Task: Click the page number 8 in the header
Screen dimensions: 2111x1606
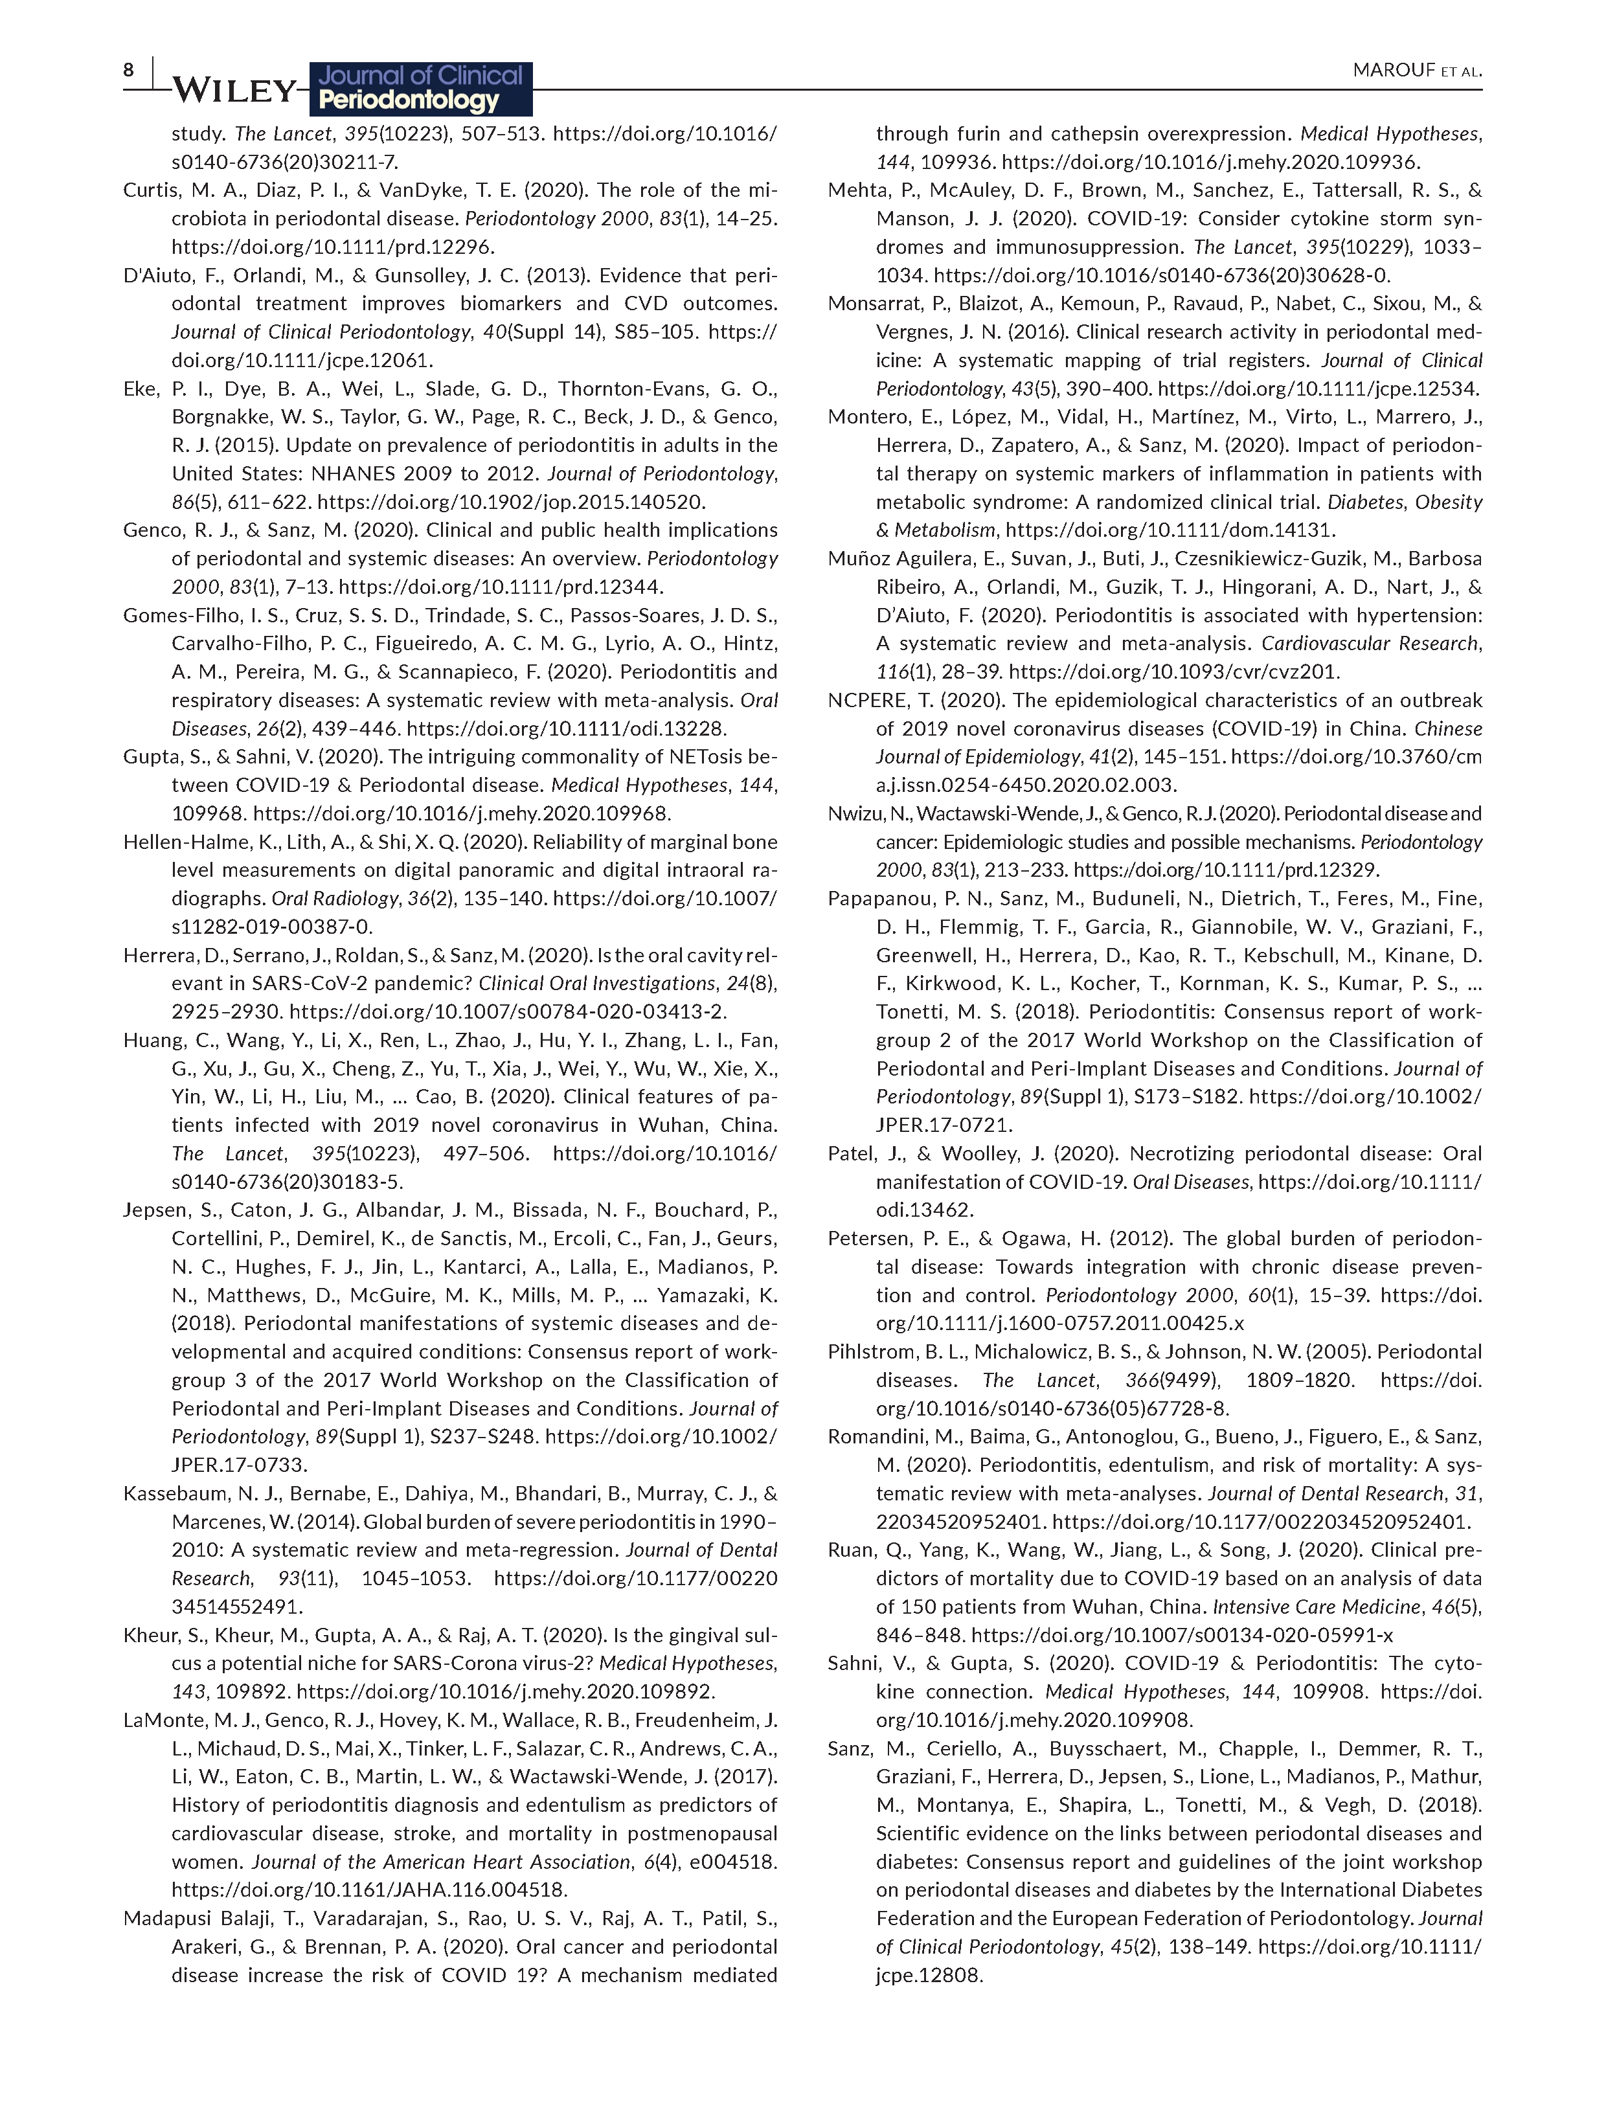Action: coord(128,70)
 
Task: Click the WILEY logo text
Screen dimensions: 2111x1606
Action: coord(235,90)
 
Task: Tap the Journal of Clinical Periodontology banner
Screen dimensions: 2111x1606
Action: coord(422,88)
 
